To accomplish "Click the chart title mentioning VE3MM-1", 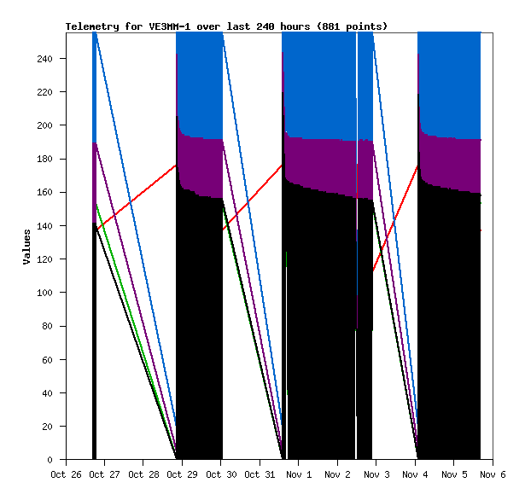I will point(226,26).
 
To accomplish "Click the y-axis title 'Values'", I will point(26,246).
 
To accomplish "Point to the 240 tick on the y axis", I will point(50,59).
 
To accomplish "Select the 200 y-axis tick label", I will point(50,125).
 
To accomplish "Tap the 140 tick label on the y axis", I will point(50,226).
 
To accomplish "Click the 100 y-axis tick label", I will point(50,293).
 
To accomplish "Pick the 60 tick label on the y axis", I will point(53,359).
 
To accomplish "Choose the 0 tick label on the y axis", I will point(55,460).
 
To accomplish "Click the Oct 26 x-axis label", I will point(66,474).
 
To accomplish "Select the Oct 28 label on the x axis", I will point(143,474).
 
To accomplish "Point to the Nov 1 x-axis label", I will point(298,474).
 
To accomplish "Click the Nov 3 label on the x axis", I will point(376,474).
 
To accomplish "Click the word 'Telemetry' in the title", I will point(92,26).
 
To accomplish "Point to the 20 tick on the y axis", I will point(53,427).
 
